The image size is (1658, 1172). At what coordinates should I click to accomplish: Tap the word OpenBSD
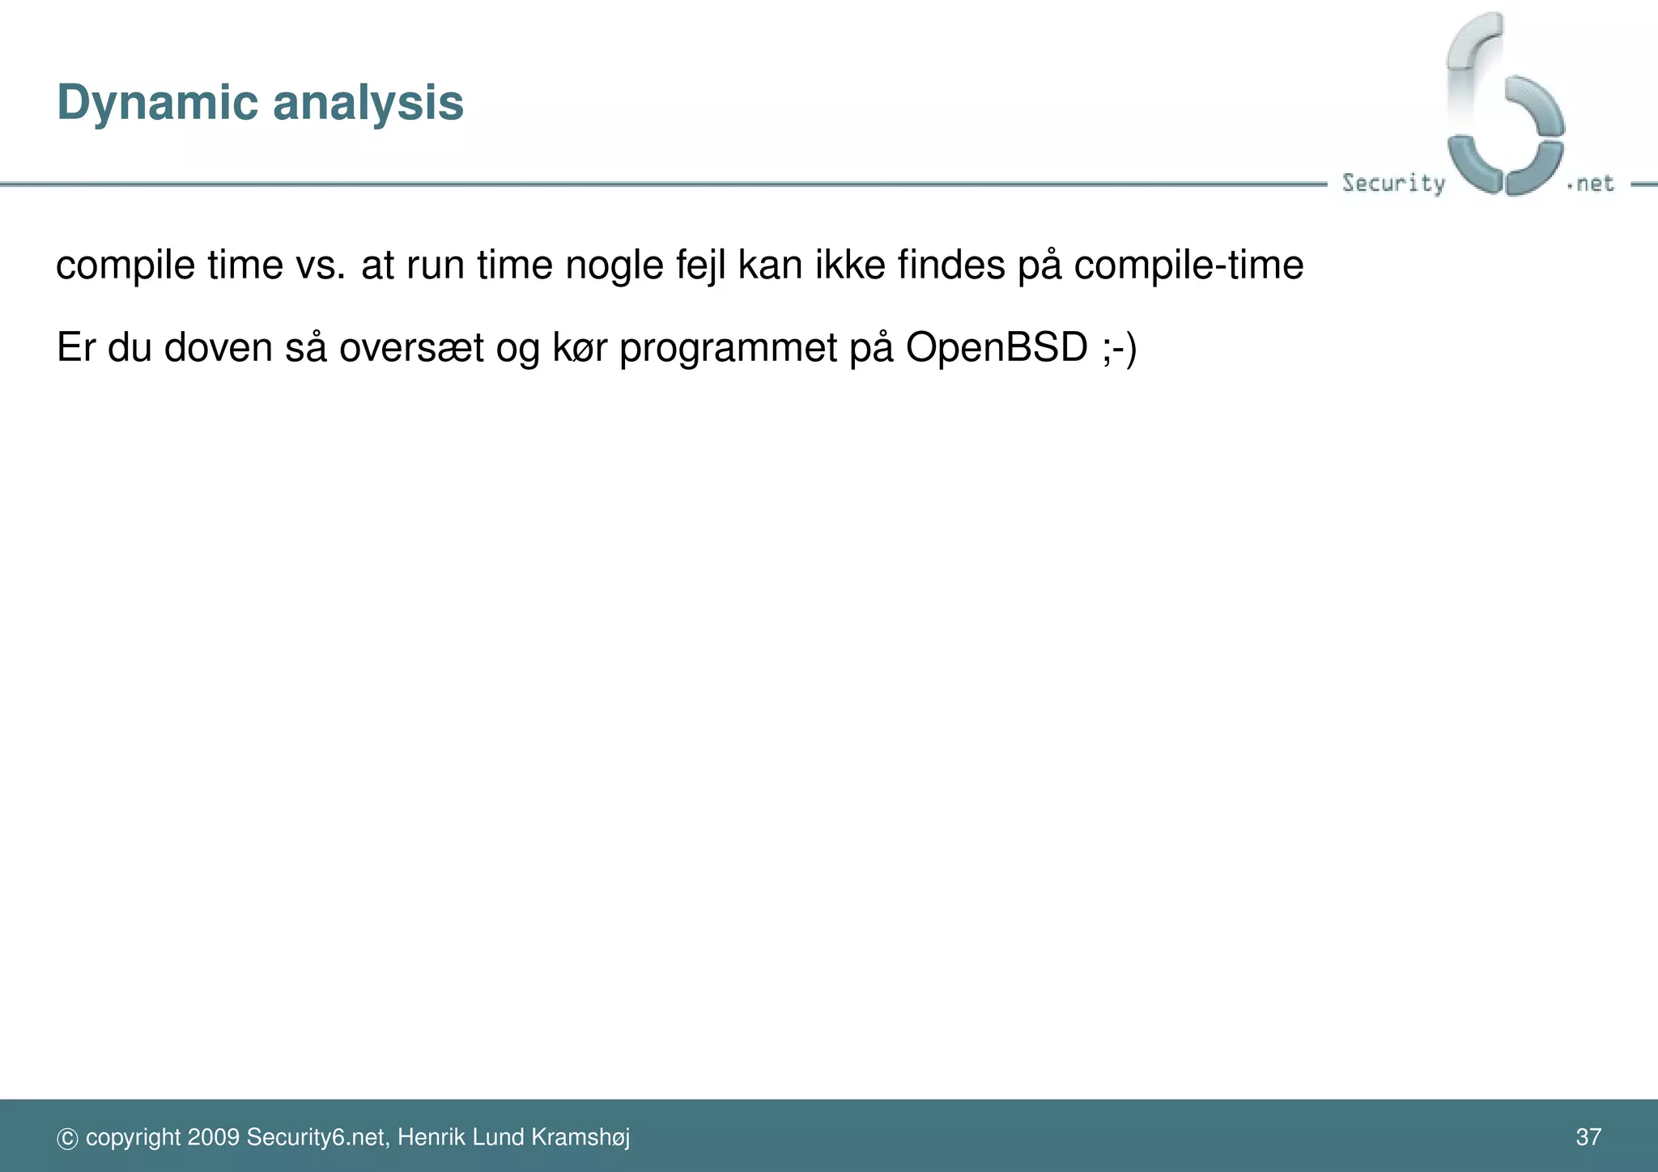coord(997,348)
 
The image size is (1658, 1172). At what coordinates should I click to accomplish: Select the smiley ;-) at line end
coord(1120,348)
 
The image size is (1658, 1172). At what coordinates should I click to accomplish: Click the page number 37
coord(1588,1137)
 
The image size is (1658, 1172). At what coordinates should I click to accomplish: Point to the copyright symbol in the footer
coord(67,1139)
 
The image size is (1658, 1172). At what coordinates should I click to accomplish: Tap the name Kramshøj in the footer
coord(580,1137)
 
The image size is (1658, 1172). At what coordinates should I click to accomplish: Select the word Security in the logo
coord(1392,183)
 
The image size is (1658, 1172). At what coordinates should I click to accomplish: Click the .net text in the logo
coord(1592,184)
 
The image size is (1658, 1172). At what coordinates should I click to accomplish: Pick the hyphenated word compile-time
coord(1188,265)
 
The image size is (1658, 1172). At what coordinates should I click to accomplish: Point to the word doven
coord(218,348)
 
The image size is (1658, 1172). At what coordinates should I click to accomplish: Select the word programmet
coord(728,348)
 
